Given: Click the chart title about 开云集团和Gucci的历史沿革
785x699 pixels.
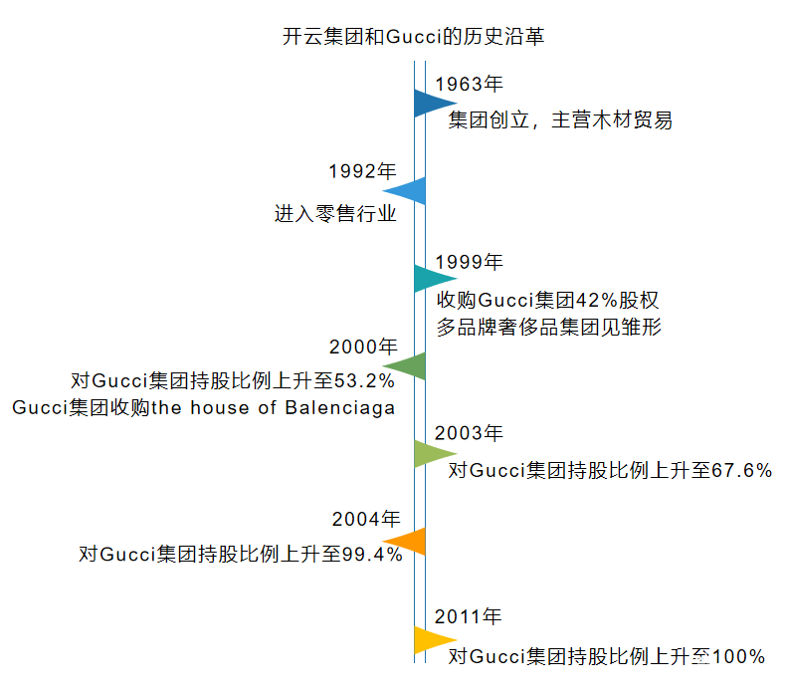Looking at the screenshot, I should click(x=414, y=38).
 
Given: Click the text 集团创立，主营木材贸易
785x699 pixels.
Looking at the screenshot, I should click(x=560, y=121).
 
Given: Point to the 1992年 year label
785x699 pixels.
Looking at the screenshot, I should click(x=362, y=171).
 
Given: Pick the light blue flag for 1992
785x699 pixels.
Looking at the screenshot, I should click(x=407, y=190).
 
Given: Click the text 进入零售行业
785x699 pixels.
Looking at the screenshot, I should click(x=335, y=213).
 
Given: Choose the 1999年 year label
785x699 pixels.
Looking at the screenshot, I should click(x=470, y=262).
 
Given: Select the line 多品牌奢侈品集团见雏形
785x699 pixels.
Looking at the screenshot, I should click(x=549, y=327).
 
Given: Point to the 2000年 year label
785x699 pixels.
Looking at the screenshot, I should click(x=362, y=347).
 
